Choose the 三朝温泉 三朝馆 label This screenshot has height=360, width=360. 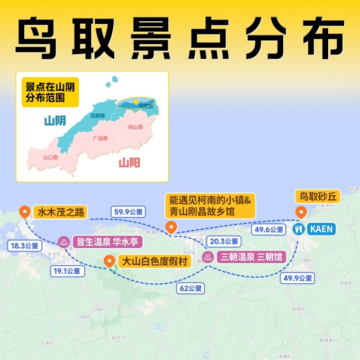250,257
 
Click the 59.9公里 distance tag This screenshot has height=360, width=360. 128,212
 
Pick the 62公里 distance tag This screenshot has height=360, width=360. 191,288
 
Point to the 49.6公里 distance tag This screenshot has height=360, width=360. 270,229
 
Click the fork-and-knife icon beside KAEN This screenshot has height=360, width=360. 299,229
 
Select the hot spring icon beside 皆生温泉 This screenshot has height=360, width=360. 63,241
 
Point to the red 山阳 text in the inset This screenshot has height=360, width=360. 130,163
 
